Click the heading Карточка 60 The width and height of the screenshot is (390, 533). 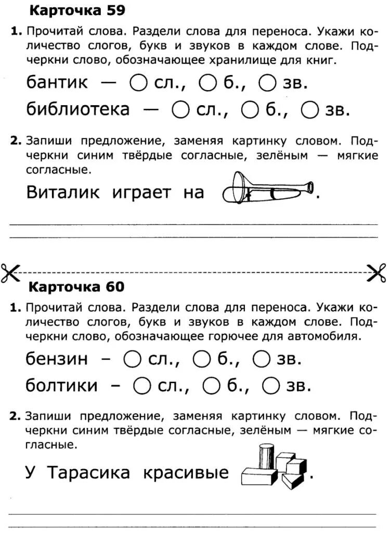[x=76, y=286]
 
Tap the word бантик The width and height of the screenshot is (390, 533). [x=57, y=83]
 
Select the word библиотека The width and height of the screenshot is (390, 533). [x=77, y=109]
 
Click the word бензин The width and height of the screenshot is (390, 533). [x=57, y=359]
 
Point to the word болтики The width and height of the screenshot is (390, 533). [x=61, y=386]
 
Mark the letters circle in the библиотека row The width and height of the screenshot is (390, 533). [x=250, y=110]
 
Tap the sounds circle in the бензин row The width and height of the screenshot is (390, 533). [x=261, y=359]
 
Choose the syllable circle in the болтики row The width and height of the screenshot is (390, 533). [x=142, y=386]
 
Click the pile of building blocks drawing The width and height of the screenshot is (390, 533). [x=274, y=465]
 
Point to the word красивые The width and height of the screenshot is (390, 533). [x=186, y=473]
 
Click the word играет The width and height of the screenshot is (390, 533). [x=141, y=193]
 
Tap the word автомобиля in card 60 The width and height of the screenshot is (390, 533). [x=328, y=336]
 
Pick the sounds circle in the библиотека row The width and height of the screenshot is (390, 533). [x=310, y=110]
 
